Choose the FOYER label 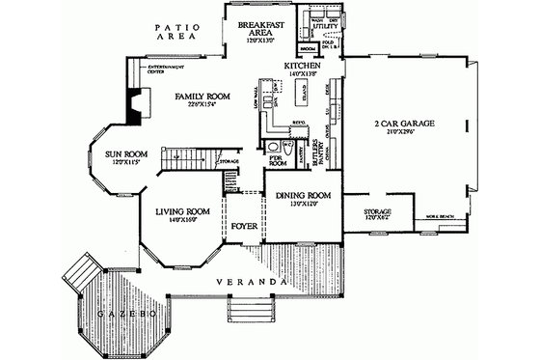pyautogui.click(x=242, y=227)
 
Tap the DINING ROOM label pyautogui.click(x=304, y=196)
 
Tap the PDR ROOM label pyautogui.click(x=278, y=161)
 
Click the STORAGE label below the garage pyautogui.click(x=376, y=213)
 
